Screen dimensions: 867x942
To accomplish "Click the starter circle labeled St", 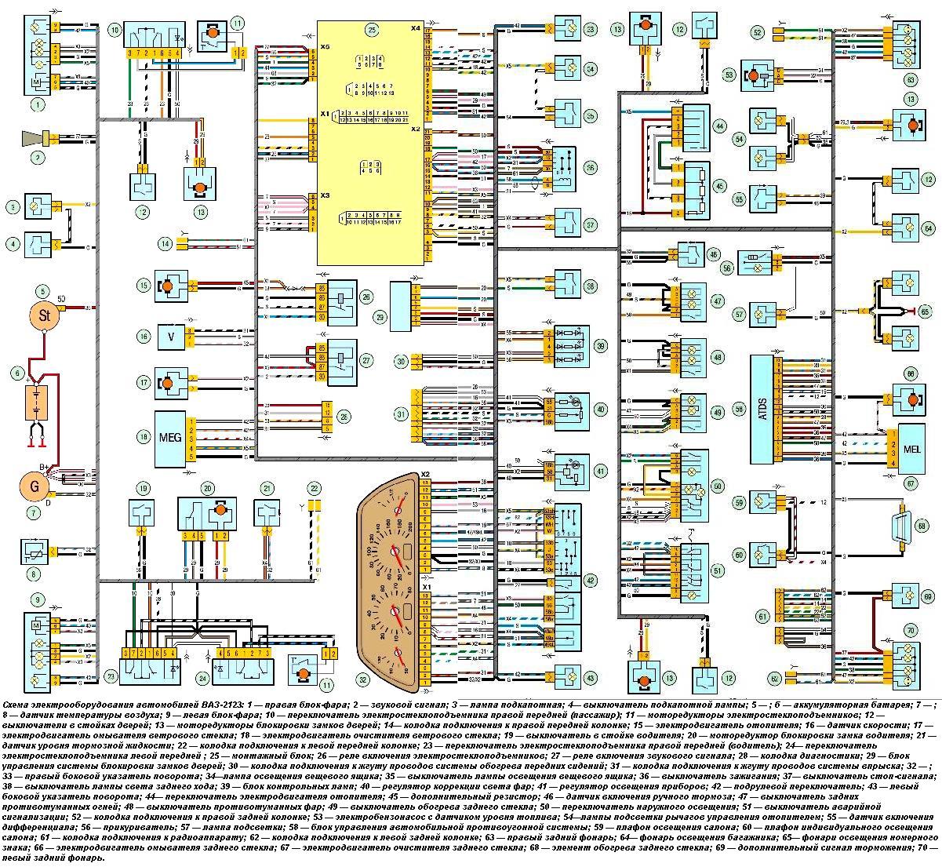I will pos(44,316).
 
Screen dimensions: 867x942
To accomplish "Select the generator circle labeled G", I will pos(35,486).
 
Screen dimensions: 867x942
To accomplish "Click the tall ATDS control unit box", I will pos(762,409).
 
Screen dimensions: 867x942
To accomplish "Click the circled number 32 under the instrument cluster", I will pos(362,679).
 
